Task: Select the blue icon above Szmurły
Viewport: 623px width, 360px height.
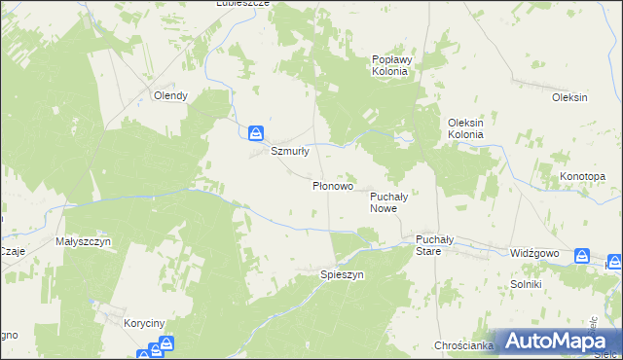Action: [255, 132]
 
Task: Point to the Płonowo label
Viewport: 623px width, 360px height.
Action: [332, 185]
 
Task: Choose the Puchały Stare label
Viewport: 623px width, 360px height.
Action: [428, 244]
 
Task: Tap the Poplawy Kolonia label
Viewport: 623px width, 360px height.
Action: [392, 65]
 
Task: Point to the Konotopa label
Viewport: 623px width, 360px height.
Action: [582, 176]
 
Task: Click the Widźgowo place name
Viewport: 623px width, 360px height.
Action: [534, 252]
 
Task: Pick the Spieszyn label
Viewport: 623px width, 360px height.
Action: [342, 275]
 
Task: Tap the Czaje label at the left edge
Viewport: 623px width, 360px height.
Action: [12, 250]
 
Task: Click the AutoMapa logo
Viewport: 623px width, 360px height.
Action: [553, 341]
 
